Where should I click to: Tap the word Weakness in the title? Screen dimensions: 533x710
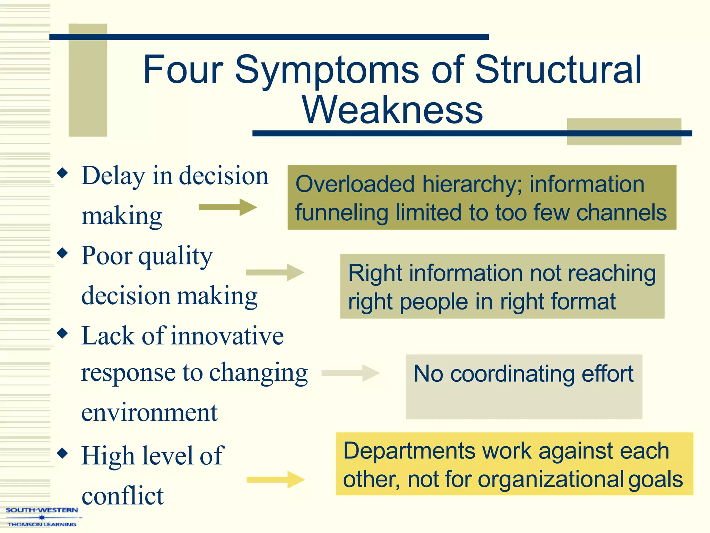coord(392,110)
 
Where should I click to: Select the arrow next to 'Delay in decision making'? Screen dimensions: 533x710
coord(227,208)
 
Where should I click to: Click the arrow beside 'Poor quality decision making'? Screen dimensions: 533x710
coord(275,272)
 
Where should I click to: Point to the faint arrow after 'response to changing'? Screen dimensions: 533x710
coord(350,373)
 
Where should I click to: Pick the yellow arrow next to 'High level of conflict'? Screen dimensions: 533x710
coord(276,480)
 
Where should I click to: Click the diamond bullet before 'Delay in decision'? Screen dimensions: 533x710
coord(63,173)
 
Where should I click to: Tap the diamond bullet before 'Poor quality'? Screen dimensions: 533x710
coord(63,253)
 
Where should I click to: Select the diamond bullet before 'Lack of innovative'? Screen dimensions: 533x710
coord(63,333)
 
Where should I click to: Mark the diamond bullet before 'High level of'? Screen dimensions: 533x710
coord(63,453)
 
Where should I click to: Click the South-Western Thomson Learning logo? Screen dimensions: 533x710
coord(42,517)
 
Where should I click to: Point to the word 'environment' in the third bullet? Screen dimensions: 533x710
coord(149,413)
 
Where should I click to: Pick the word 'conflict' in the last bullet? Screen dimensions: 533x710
coord(122,496)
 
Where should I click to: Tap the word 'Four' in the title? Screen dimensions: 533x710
coord(183,70)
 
